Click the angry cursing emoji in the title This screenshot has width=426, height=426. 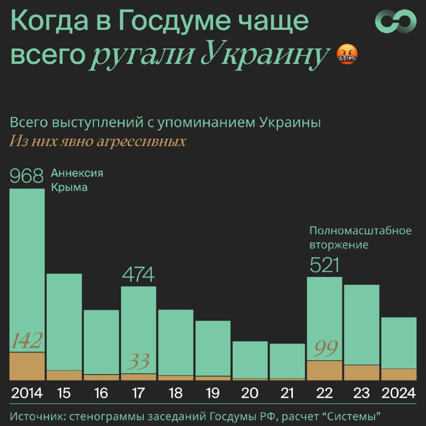click(347, 54)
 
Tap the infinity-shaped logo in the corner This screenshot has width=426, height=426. click(396, 21)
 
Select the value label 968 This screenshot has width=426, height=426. click(26, 176)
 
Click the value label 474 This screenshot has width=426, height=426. click(138, 274)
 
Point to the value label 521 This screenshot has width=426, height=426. click(324, 265)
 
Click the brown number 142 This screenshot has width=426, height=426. click(27, 340)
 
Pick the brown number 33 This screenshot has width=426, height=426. click(138, 362)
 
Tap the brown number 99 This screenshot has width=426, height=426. click(326, 348)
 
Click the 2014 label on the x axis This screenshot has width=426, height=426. click(27, 393)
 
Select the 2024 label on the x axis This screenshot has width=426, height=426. click(398, 393)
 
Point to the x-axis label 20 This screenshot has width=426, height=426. click(250, 393)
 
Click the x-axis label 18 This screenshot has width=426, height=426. click(176, 393)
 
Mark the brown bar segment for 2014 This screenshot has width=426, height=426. click(27, 366)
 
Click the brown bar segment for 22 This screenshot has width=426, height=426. click(324, 370)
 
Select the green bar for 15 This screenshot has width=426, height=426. click(64, 322)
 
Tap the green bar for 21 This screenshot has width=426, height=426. click(288, 361)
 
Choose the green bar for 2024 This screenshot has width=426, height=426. click(399, 343)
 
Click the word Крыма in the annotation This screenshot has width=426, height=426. click(69, 187)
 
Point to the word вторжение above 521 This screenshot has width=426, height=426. click(339, 245)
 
